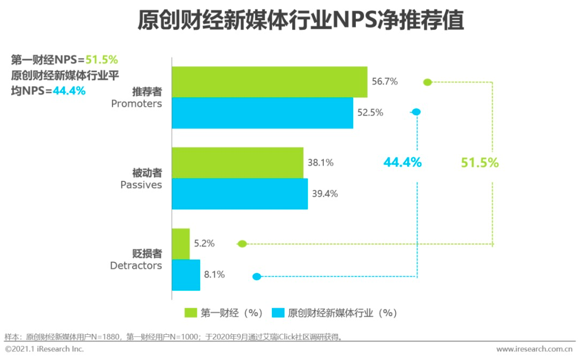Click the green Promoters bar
point(269,82)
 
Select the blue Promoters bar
point(262,113)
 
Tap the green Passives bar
point(237,163)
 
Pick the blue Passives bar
point(239,194)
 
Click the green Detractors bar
point(180,244)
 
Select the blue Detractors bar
point(186,275)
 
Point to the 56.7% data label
point(384,82)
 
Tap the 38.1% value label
point(320,163)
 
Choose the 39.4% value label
point(324,194)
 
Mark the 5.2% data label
point(204,243)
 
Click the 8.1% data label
point(214,275)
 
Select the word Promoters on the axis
point(136,104)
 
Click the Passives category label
point(141,185)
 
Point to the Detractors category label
point(136,265)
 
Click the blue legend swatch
point(278,313)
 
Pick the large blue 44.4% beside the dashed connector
point(402,163)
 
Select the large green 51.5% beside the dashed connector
point(480,163)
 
